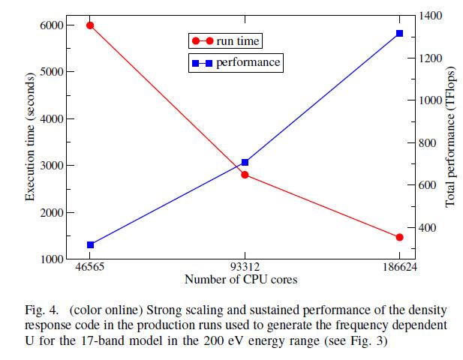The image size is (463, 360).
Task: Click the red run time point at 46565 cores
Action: click(89, 25)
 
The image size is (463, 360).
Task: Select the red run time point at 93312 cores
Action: click(245, 175)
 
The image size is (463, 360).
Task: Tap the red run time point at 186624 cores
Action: click(399, 237)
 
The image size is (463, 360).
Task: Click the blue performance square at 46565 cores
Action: click(89, 244)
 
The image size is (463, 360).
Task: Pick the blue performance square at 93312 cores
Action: click(245, 162)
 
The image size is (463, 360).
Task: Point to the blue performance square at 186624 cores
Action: click(399, 34)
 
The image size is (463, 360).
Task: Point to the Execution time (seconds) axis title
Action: click(31, 136)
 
